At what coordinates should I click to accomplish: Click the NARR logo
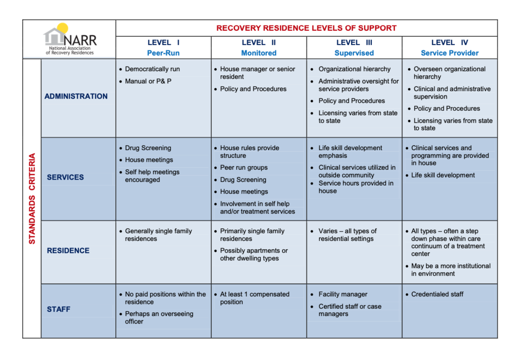click(70, 39)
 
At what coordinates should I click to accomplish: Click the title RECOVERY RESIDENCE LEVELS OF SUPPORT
click(306, 28)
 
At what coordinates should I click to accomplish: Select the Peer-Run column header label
click(163, 53)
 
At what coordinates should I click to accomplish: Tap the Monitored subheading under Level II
click(258, 53)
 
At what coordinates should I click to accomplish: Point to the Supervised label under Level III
click(354, 53)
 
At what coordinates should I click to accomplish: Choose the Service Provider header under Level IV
click(449, 53)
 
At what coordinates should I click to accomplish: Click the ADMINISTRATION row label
click(76, 96)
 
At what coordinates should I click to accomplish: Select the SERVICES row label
click(65, 177)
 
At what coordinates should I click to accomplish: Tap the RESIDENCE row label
click(68, 251)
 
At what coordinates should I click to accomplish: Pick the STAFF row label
click(58, 310)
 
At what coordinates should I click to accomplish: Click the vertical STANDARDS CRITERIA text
click(32, 198)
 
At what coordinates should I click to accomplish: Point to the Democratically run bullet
click(152, 69)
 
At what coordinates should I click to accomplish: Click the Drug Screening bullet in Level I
click(148, 148)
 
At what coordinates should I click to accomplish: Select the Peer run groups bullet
click(244, 168)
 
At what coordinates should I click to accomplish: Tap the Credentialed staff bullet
click(437, 294)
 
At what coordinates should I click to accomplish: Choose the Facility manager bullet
click(342, 294)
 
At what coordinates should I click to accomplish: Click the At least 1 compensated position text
click(254, 298)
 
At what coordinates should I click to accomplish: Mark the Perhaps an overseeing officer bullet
click(159, 317)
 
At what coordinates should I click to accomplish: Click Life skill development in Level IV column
click(442, 175)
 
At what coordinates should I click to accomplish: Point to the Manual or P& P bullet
click(149, 81)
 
